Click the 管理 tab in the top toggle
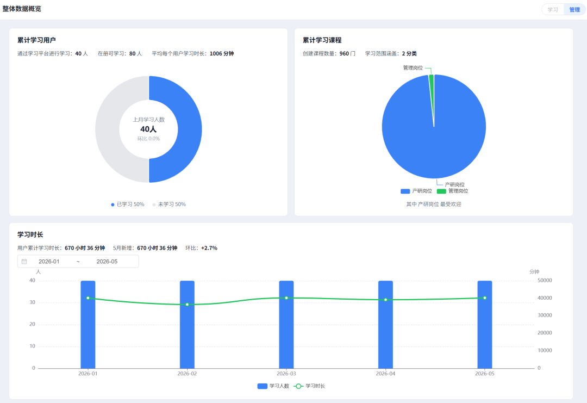pyautogui.click(x=574, y=10)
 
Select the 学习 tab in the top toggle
pyautogui.click(x=553, y=10)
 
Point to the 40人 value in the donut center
pyautogui.click(x=148, y=129)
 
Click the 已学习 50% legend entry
pyautogui.click(x=127, y=204)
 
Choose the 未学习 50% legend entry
pyautogui.click(x=169, y=204)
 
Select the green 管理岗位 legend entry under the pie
pyautogui.click(x=452, y=191)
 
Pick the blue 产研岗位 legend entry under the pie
pyautogui.click(x=416, y=191)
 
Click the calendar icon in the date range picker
pyautogui.click(x=24, y=262)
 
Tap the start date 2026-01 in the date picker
pyautogui.click(x=49, y=262)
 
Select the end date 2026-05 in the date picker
pyautogui.click(x=107, y=262)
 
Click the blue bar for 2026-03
pyautogui.click(x=286, y=324)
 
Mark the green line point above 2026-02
pyautogui.click(x=187, y=305)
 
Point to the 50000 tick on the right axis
pyautogui.click(x=545, y=281)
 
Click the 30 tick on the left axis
pyautogui.click(x=33, y=302)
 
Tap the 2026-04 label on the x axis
pyautogui.click(x=385, y=374)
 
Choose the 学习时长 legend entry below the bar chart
pyautogui.click(x=310, y=386)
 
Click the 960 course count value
pyautogui.click(x=344, y=53)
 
